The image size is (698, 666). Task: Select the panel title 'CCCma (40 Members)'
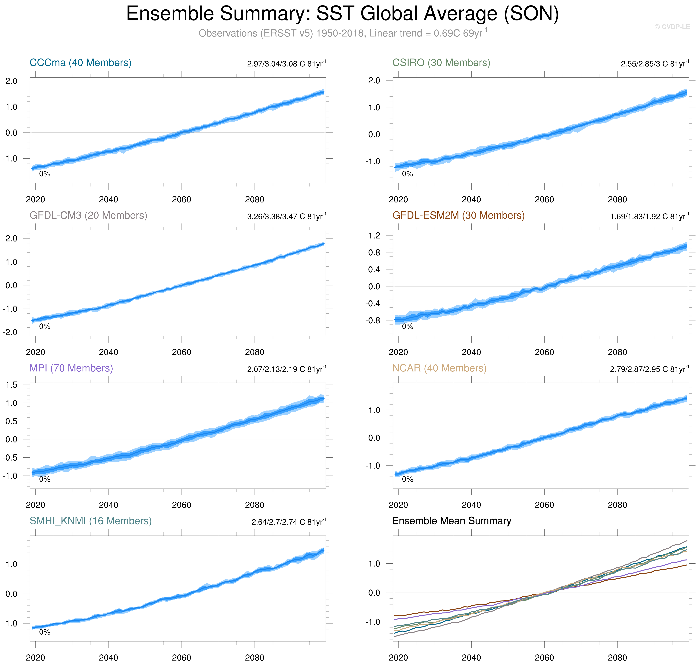coord(80,63)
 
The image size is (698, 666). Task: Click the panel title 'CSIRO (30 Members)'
coord(441,63)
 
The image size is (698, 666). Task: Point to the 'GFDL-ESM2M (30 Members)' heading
coord(458,215)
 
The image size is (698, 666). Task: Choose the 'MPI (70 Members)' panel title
coord(71,368)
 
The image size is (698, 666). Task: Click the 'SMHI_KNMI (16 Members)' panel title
coord(90,521)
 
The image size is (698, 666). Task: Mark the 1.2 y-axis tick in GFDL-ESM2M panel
coord(374,235)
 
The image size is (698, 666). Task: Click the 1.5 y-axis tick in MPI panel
coord(11,385)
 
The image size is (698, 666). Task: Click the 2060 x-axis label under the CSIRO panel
coord(544,200)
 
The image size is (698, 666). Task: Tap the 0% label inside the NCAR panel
coord(407,479)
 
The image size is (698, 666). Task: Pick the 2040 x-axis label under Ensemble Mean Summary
coord(471,657)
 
